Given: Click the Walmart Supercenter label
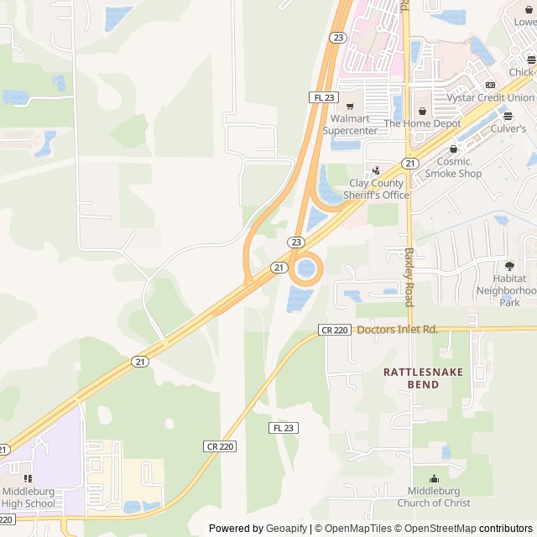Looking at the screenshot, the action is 350,124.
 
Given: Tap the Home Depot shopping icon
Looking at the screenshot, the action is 422,110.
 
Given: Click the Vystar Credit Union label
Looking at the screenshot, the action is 477,98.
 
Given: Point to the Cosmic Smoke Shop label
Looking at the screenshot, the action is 453,167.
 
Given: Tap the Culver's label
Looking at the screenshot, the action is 508,128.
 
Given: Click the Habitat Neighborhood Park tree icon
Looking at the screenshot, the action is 509,266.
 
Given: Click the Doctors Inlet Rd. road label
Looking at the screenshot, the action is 398,330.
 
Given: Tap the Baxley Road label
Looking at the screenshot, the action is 409,277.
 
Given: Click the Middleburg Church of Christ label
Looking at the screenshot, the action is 434,497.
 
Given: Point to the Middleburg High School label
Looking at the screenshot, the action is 28,498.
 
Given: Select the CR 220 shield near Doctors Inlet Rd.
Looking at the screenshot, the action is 334,331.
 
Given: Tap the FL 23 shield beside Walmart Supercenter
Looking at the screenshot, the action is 323,97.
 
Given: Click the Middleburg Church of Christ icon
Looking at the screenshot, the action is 434,478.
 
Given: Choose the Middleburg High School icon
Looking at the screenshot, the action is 29,478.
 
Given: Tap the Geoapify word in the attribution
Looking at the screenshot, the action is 286,529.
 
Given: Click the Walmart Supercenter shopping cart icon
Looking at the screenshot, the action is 350,107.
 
